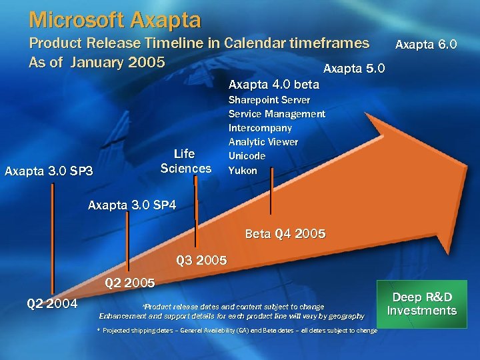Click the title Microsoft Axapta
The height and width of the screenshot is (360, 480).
coord(115,20)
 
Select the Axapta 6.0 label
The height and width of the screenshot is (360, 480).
coord(425,45)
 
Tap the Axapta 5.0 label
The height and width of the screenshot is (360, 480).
coord(353,69)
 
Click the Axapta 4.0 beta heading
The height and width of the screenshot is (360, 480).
coord(273,85)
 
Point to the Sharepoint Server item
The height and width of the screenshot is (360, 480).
coord(269,100)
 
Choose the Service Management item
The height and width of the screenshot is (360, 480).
coord(277,114)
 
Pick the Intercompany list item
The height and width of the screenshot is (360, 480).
coord(260,128)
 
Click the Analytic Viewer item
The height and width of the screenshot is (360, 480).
coord(263,142)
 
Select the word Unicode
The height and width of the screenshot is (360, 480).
coord(247,156)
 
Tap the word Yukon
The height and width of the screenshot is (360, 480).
coord(243,171)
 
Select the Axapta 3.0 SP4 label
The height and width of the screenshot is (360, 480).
coord(132,205)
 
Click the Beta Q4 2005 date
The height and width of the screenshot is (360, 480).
coord(285,234)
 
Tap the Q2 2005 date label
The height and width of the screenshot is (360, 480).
coord(129,283)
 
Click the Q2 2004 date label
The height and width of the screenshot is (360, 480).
coord(52,304)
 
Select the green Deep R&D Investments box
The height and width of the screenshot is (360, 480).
coord(421,304)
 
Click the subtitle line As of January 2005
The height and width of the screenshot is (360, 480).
coord(97,62)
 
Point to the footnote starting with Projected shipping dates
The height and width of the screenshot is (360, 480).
coord(237,331)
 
